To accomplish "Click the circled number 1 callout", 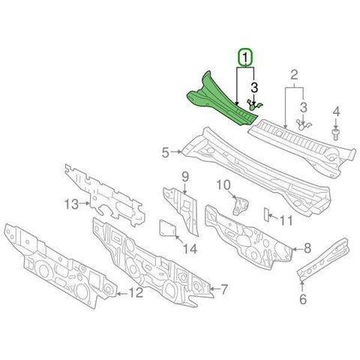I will [246, 57].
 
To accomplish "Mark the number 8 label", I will [307, 246].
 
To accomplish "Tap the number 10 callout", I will [222, 184].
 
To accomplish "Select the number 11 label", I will [286, 221].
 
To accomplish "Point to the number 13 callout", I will [70, 203].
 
